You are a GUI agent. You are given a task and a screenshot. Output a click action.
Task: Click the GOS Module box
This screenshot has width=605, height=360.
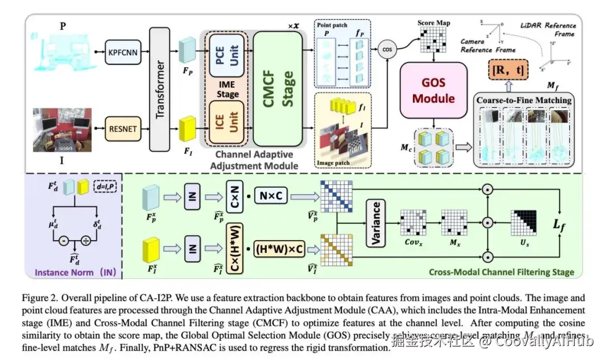pos(433,90)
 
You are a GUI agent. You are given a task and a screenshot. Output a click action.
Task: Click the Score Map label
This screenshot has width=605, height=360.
pos(434,23)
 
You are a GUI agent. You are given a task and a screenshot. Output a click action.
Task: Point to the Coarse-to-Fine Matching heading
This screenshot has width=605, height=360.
pos(524,100)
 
